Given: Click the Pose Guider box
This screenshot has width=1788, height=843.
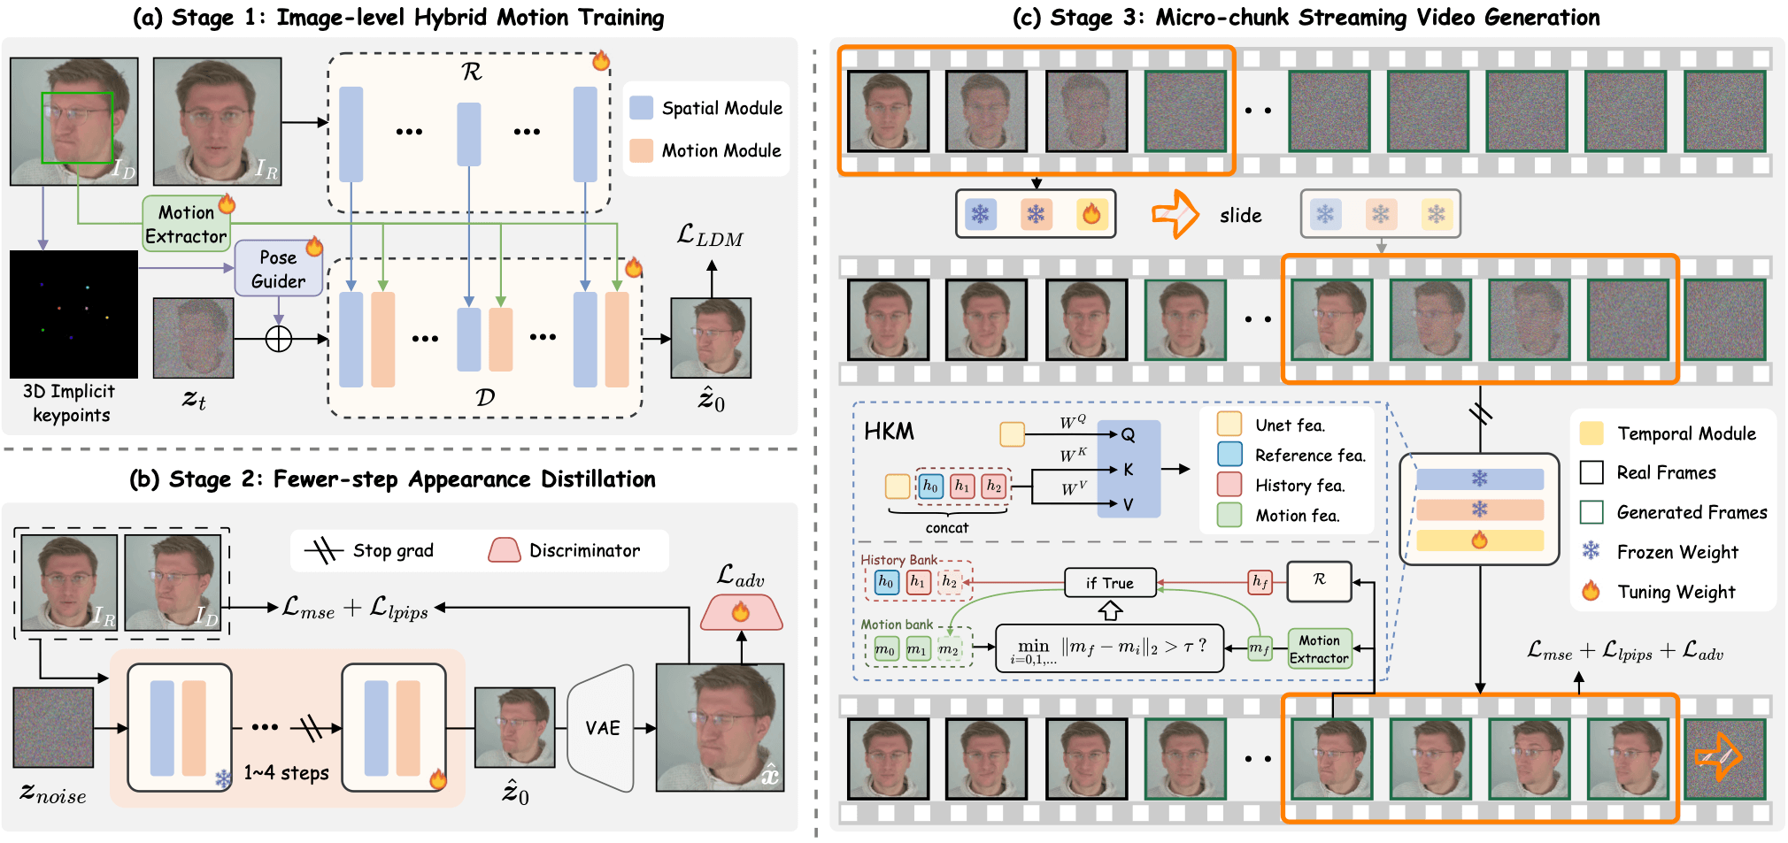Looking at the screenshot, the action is click(x=278, y=269).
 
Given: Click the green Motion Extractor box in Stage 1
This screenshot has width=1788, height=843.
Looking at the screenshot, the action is click(x=187, y=224).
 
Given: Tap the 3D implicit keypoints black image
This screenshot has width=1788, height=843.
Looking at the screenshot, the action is click(x=73, y=314).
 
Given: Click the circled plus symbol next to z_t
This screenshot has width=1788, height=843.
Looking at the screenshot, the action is click(x=279, y=339).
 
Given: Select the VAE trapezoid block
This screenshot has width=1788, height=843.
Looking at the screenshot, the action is click(x=602, y=728).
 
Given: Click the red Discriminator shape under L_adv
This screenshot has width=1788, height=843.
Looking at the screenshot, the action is click(x=742, y=612).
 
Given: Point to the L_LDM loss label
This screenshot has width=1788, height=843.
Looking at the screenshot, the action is click(x=710, y=235).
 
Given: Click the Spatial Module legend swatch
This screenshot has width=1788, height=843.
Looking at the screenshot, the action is click(x=642, y=108).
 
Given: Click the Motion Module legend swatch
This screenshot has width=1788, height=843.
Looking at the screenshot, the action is click(x=642, y=150).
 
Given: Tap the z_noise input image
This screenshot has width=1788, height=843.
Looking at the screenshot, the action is click(x=53, y=727).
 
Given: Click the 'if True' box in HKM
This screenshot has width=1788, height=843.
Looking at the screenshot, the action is click(x=1110, y=583).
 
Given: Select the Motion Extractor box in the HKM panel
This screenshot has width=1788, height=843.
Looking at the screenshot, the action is click(x=1319, y=649).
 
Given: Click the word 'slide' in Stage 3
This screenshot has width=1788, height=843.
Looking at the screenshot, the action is click(x=1241, y=215).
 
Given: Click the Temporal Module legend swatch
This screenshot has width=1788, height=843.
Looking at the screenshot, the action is click(x=1591, y=433).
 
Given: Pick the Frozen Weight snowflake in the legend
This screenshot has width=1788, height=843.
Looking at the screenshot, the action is click(x=1591, y=551).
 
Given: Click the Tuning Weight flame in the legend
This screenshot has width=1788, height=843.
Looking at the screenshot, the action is click(x=1591, y=590).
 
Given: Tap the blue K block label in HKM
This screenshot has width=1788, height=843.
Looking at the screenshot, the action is click(x=1128, y=470).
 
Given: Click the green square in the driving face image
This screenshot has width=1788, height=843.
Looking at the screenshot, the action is click(x=77, y=127).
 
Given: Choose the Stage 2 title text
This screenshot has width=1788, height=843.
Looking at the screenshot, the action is click(x=393, y=479).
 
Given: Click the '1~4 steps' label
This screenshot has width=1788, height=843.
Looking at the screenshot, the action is click(x=287, y=772).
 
